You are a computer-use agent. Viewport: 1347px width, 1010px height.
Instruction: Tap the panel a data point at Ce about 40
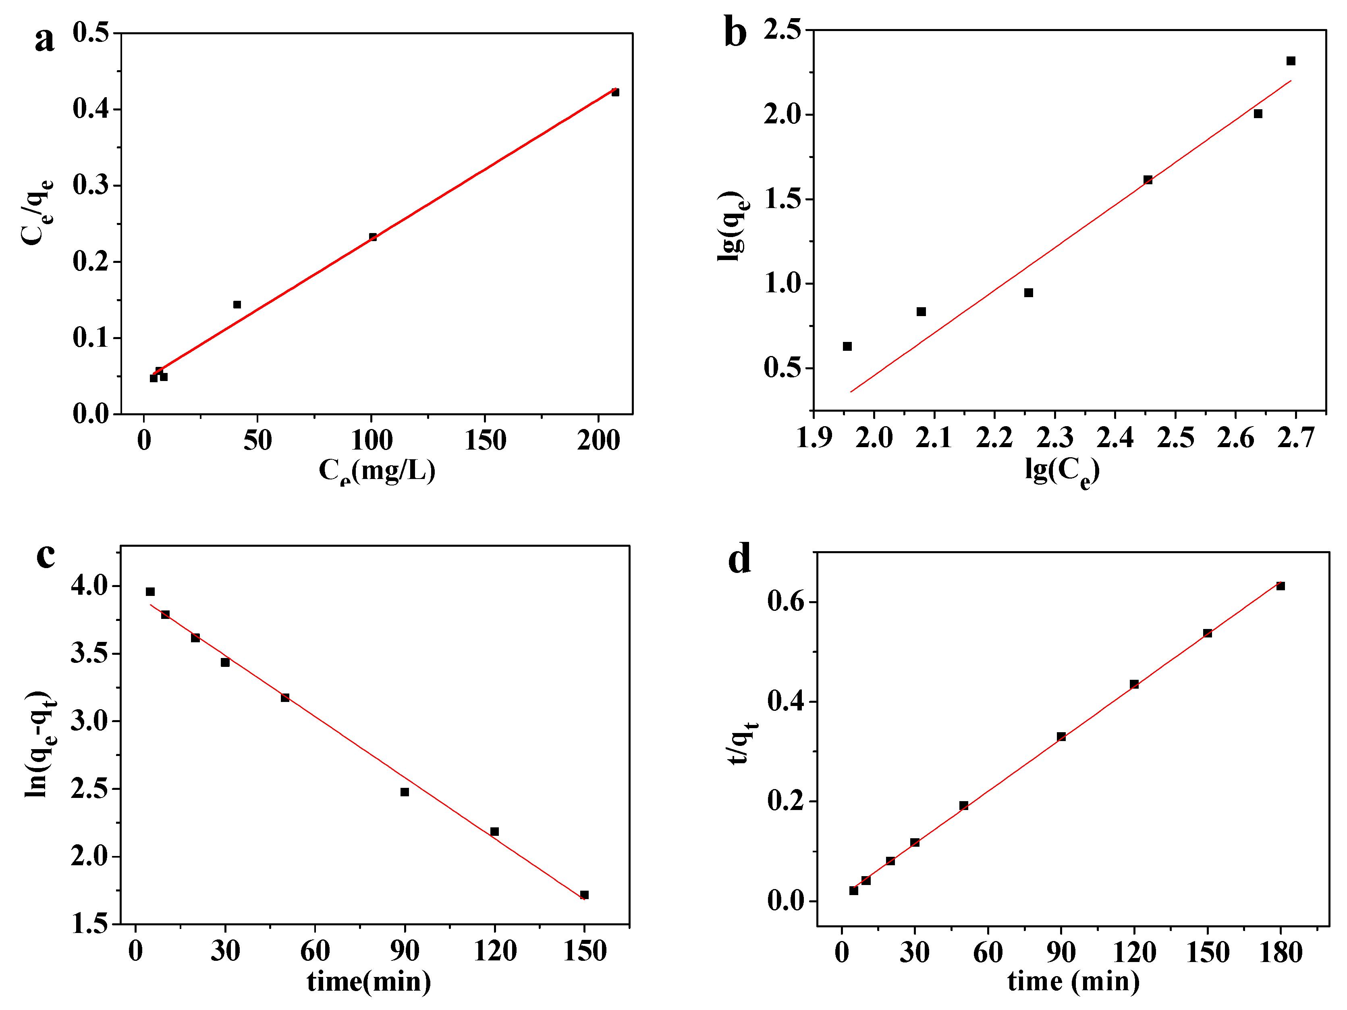237,304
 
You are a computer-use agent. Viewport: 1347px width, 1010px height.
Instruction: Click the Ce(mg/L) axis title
377,470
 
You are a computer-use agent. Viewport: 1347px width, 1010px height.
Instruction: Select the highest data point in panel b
1290,61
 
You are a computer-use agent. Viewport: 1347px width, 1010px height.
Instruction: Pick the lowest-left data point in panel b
847,346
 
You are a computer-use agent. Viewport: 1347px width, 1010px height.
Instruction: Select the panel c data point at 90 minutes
405,792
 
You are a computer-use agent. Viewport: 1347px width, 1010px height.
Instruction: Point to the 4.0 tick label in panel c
89,586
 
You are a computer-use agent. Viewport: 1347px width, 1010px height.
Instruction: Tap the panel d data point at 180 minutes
1280,586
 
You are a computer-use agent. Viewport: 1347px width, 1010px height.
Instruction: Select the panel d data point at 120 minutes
1134,684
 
